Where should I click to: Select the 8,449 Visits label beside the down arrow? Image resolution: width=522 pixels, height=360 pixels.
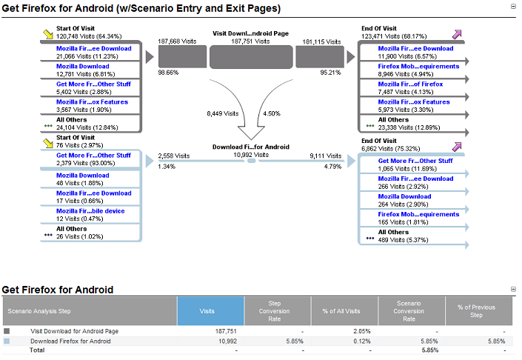point(222,113)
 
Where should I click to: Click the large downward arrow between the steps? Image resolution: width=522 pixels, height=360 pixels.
point(251,109)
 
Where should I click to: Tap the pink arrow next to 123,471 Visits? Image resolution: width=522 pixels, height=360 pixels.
point(457,34)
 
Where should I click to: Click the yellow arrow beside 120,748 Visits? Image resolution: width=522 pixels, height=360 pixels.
point(48,34)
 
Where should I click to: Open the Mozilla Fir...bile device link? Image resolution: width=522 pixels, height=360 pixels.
point(90,211)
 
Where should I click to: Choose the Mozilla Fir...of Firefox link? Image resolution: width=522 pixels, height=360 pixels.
point(410,84)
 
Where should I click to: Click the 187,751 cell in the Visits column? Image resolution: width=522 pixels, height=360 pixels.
point(226,331)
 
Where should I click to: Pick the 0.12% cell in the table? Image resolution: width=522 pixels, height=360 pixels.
point(362,341)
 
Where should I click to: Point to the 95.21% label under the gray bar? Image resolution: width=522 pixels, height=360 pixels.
point(330,73)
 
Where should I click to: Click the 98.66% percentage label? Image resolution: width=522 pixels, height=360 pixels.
point(168,73)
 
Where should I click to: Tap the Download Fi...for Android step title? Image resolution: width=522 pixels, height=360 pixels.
point(251,147)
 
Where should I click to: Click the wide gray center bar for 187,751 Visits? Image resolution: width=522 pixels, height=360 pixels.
point(251,57)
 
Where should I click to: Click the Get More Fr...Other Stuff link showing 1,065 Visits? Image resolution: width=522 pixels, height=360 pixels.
point(415,161)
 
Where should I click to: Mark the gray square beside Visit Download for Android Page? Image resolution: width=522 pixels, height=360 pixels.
point(7,331)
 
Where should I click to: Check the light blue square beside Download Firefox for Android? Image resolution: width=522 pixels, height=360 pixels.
point(7,341)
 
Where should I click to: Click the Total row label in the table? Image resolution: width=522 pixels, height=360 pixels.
point(37,350)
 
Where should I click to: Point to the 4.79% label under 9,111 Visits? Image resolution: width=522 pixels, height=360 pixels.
point(332,167)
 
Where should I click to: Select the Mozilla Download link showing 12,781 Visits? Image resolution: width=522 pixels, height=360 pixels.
point(83,66)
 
